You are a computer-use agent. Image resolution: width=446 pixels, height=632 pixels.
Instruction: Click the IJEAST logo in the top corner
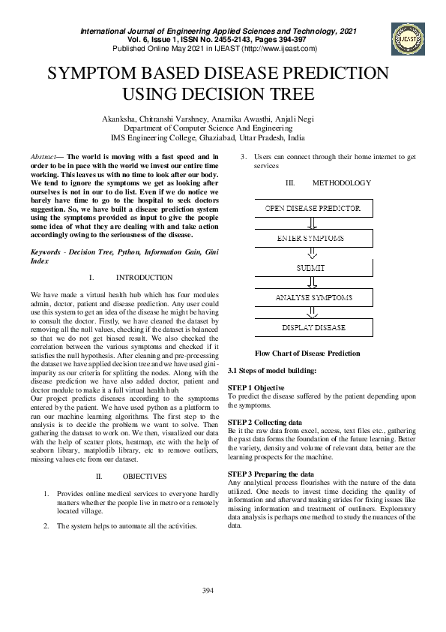[x=408, y=35]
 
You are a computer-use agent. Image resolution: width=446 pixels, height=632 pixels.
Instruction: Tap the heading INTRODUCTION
[x=144, y=277]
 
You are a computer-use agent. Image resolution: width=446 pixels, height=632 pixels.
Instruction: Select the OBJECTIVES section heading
[x=140, y=476]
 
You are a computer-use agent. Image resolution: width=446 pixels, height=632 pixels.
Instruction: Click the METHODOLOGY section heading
[x=341, y=183]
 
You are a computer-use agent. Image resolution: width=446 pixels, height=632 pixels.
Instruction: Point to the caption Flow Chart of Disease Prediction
[x=307, y=353]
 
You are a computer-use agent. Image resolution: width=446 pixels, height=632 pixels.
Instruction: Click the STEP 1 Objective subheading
[x=256, y=387]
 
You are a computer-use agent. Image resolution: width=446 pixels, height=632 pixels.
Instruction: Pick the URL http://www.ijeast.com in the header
[x=278, y=49]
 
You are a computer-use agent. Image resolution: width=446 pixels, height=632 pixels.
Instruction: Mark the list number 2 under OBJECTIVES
[x=47, y=526]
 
